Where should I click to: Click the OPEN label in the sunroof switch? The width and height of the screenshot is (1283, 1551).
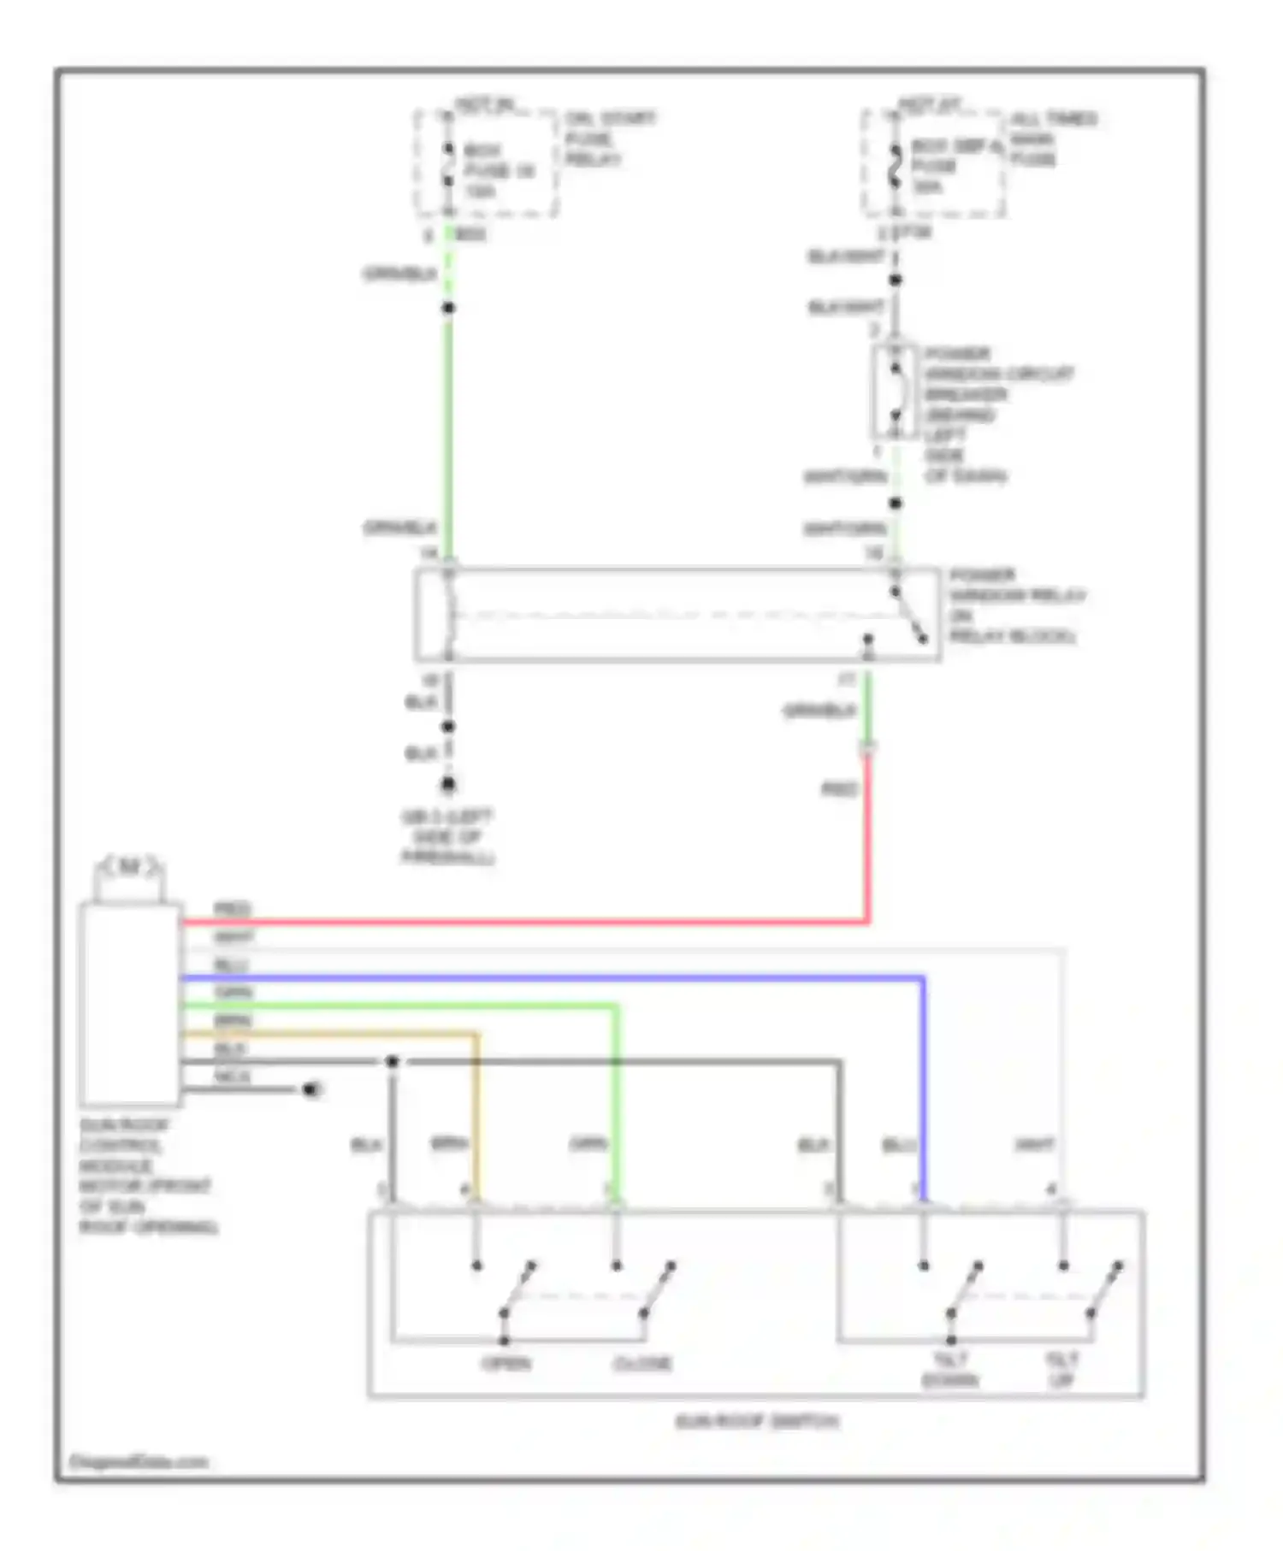pos(506,1363)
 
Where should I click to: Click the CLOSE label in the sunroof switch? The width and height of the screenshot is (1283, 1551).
pos(642,1363)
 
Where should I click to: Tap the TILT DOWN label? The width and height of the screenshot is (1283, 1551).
pos(949,1370)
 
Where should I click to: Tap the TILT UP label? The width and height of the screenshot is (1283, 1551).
pos(1061,1370)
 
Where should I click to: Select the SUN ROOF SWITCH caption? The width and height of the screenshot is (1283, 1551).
pos(757,1421)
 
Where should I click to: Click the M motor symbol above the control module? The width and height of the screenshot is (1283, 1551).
pos(129,868)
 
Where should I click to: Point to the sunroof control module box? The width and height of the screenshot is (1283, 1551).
pos(130,1004)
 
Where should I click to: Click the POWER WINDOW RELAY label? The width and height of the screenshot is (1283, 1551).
pos(1015,605)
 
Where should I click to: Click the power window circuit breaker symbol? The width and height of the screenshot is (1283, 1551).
pos(895,392)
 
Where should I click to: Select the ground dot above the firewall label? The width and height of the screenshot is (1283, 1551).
pos(447,784)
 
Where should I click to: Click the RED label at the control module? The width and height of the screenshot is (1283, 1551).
pos(231,908)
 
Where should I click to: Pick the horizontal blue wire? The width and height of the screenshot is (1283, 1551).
pos(547,976)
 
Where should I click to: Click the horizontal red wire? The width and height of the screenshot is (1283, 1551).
pos(522,922)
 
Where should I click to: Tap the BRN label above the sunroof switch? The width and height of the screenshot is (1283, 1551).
pos(448,1143)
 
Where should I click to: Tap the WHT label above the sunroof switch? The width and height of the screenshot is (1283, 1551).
pos(1033,1144)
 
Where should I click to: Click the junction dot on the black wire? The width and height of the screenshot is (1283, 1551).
pos(392,1061)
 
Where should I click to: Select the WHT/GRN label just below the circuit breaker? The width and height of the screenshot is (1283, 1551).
pos(844,476)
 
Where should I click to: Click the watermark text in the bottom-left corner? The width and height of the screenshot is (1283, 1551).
pos(139,1462)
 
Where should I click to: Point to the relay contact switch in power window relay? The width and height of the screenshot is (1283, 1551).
pos(908,616)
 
